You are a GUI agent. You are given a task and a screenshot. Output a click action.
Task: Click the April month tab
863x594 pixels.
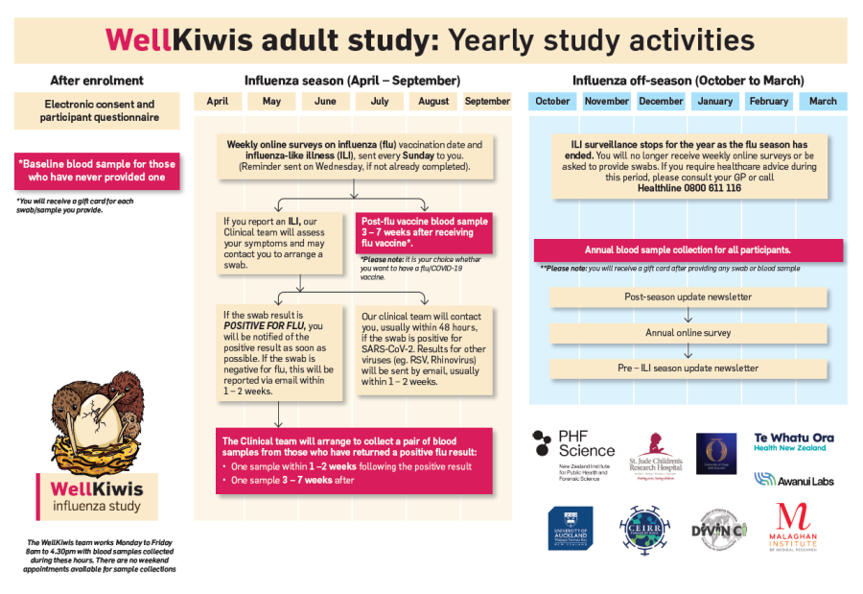pos(218,101)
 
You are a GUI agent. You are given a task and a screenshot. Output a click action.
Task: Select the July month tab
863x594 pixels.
pos(380,101)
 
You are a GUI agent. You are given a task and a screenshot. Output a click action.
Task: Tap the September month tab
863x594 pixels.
pos(487,101)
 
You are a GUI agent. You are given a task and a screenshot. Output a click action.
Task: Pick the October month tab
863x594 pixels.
pos(552,101)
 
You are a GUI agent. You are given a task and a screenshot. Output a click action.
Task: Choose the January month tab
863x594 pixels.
pos(714,101)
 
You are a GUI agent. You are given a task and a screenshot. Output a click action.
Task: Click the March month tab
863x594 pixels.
pos(822,101)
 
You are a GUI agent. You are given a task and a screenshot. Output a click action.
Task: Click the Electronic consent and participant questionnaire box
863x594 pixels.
pos(97,111)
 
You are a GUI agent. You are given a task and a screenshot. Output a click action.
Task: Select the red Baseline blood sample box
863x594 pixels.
pos(97,170)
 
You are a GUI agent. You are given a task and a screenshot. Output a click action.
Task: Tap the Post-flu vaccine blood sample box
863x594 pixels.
pos(423,232)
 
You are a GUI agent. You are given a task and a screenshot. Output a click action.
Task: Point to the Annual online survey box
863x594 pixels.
pos(688,333)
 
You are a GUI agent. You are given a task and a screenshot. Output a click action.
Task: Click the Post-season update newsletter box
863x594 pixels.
pos(688,297)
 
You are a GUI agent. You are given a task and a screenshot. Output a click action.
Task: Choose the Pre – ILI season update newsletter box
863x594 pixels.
pos(688,368)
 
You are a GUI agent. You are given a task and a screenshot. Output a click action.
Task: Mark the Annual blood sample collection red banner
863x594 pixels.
pos(688,249)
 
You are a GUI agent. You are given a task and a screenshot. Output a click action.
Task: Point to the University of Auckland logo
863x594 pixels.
pos(570,529)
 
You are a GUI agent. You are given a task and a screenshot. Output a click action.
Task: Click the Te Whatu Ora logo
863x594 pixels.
pos(794,441)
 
